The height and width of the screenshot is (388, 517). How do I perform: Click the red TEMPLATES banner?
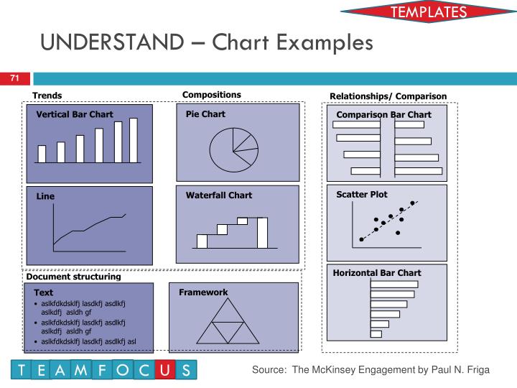[x=428, y=12]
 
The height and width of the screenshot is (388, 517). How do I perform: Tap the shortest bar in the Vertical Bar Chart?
[x=42, y=154]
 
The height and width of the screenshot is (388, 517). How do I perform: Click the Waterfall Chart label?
[x=219, y=195]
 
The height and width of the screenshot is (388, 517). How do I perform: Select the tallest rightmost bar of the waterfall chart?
[x=262, y=231]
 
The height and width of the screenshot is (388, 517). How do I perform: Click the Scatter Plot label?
[x=362, y=194]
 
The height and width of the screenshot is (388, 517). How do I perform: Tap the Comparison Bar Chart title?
[x=384, y=114]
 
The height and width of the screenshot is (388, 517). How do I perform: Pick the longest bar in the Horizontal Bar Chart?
[x=394, y=285]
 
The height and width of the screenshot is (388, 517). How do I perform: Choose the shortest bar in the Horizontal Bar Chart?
[x=376, y=333]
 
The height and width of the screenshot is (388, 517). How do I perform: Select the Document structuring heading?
[x=73, y=276]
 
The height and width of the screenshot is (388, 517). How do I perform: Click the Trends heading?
[x=47, y=96]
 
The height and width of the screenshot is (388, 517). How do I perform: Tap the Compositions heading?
[x=212, y=95]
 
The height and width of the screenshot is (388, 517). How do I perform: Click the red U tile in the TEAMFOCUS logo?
[x=165, y=370]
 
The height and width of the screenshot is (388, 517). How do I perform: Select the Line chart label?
[x=46, y=195]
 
